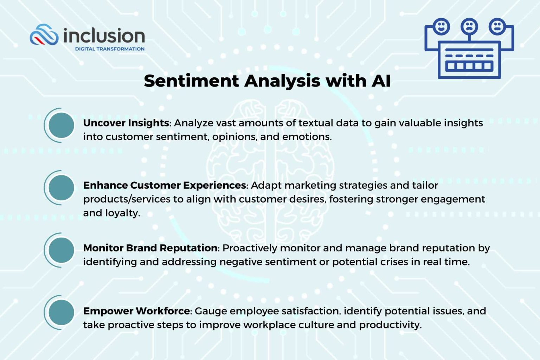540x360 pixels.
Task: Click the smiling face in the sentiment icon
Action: click(441, 26)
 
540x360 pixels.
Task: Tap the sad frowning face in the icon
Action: click(469, 26)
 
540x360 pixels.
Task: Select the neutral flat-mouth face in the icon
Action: click(497, 26)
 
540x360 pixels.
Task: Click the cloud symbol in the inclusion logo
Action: click(44, 35)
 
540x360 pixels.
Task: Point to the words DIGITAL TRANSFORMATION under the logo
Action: click(110, 49)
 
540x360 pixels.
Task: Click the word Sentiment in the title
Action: click(192, 81)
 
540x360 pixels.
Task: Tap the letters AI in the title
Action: click(381, 81)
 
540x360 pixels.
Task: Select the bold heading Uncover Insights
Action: click(126, 123)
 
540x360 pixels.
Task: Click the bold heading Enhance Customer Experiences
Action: click(165, 185)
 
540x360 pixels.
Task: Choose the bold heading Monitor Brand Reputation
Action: click(150, 248)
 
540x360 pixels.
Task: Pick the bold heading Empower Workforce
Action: click(137, 311)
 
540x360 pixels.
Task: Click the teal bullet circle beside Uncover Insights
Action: click(61, 125)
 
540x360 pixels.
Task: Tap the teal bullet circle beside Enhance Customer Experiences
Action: click(61, 188)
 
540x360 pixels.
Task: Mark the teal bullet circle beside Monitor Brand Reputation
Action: click(61, 250)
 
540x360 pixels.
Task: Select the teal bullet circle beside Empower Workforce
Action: click(61, 313)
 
